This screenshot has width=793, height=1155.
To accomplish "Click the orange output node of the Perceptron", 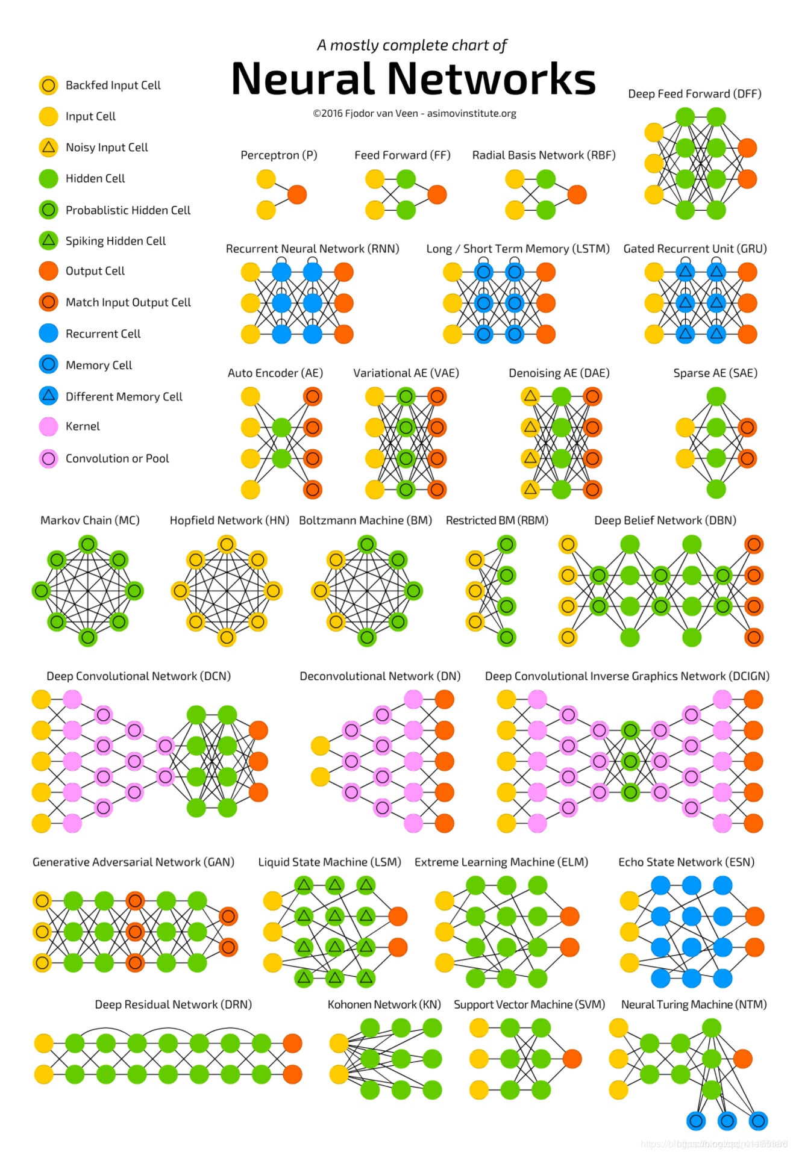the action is click(297, 195).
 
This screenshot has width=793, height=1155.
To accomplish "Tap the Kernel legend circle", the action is click(48, 426).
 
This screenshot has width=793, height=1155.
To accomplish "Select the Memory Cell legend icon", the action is click(48, 364).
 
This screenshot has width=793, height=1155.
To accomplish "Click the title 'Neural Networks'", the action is click(413, 79).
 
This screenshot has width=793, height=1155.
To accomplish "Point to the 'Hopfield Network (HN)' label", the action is click(229, 520).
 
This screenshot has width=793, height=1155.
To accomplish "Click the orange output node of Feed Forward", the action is click(437, 195).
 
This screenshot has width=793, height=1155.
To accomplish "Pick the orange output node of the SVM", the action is click(572, 1059).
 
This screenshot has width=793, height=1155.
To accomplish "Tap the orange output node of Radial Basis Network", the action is click(577, 195).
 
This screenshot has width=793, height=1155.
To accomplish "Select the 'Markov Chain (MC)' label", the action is click(90, 520).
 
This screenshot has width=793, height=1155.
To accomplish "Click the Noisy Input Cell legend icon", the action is click(48, 147).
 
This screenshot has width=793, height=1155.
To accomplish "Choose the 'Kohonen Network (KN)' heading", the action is click(384, 1004).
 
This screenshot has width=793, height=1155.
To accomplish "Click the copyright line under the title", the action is click(414, 113).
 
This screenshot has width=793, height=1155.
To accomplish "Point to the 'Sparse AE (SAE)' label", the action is click(715, 373).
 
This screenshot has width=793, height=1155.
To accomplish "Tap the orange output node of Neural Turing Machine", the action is click(742, 1059).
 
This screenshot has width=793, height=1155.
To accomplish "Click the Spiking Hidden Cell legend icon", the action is click(48, 240).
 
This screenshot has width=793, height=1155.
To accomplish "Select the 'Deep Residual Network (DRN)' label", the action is click(173, 1004).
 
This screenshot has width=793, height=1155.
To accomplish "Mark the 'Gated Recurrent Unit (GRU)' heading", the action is click(695, 249).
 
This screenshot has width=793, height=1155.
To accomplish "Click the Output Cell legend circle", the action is click(48, 271).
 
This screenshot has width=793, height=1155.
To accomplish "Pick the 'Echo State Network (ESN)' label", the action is click(686, 862).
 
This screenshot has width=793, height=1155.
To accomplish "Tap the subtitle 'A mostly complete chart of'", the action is click(412, 45).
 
